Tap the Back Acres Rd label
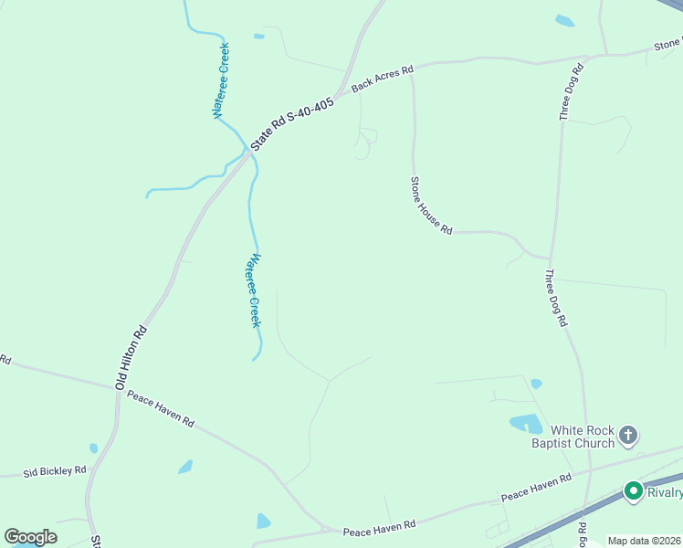(383, 79)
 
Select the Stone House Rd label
(431, 206)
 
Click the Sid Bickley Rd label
(55, 471)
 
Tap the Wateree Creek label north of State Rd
(221, 80)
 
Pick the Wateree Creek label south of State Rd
(251, 290)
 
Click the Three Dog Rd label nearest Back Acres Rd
(571, 92)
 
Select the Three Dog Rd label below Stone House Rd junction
(557, 297)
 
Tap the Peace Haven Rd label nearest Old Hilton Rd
(161, 409)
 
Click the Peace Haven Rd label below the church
(535, 489)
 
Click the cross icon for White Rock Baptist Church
(628, 437)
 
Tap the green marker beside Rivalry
(633, 492)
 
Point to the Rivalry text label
(665, 493)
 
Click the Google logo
(31, 537)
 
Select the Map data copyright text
(644, 541)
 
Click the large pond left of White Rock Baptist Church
(525, 424)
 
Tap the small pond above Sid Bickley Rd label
(93, 448)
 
